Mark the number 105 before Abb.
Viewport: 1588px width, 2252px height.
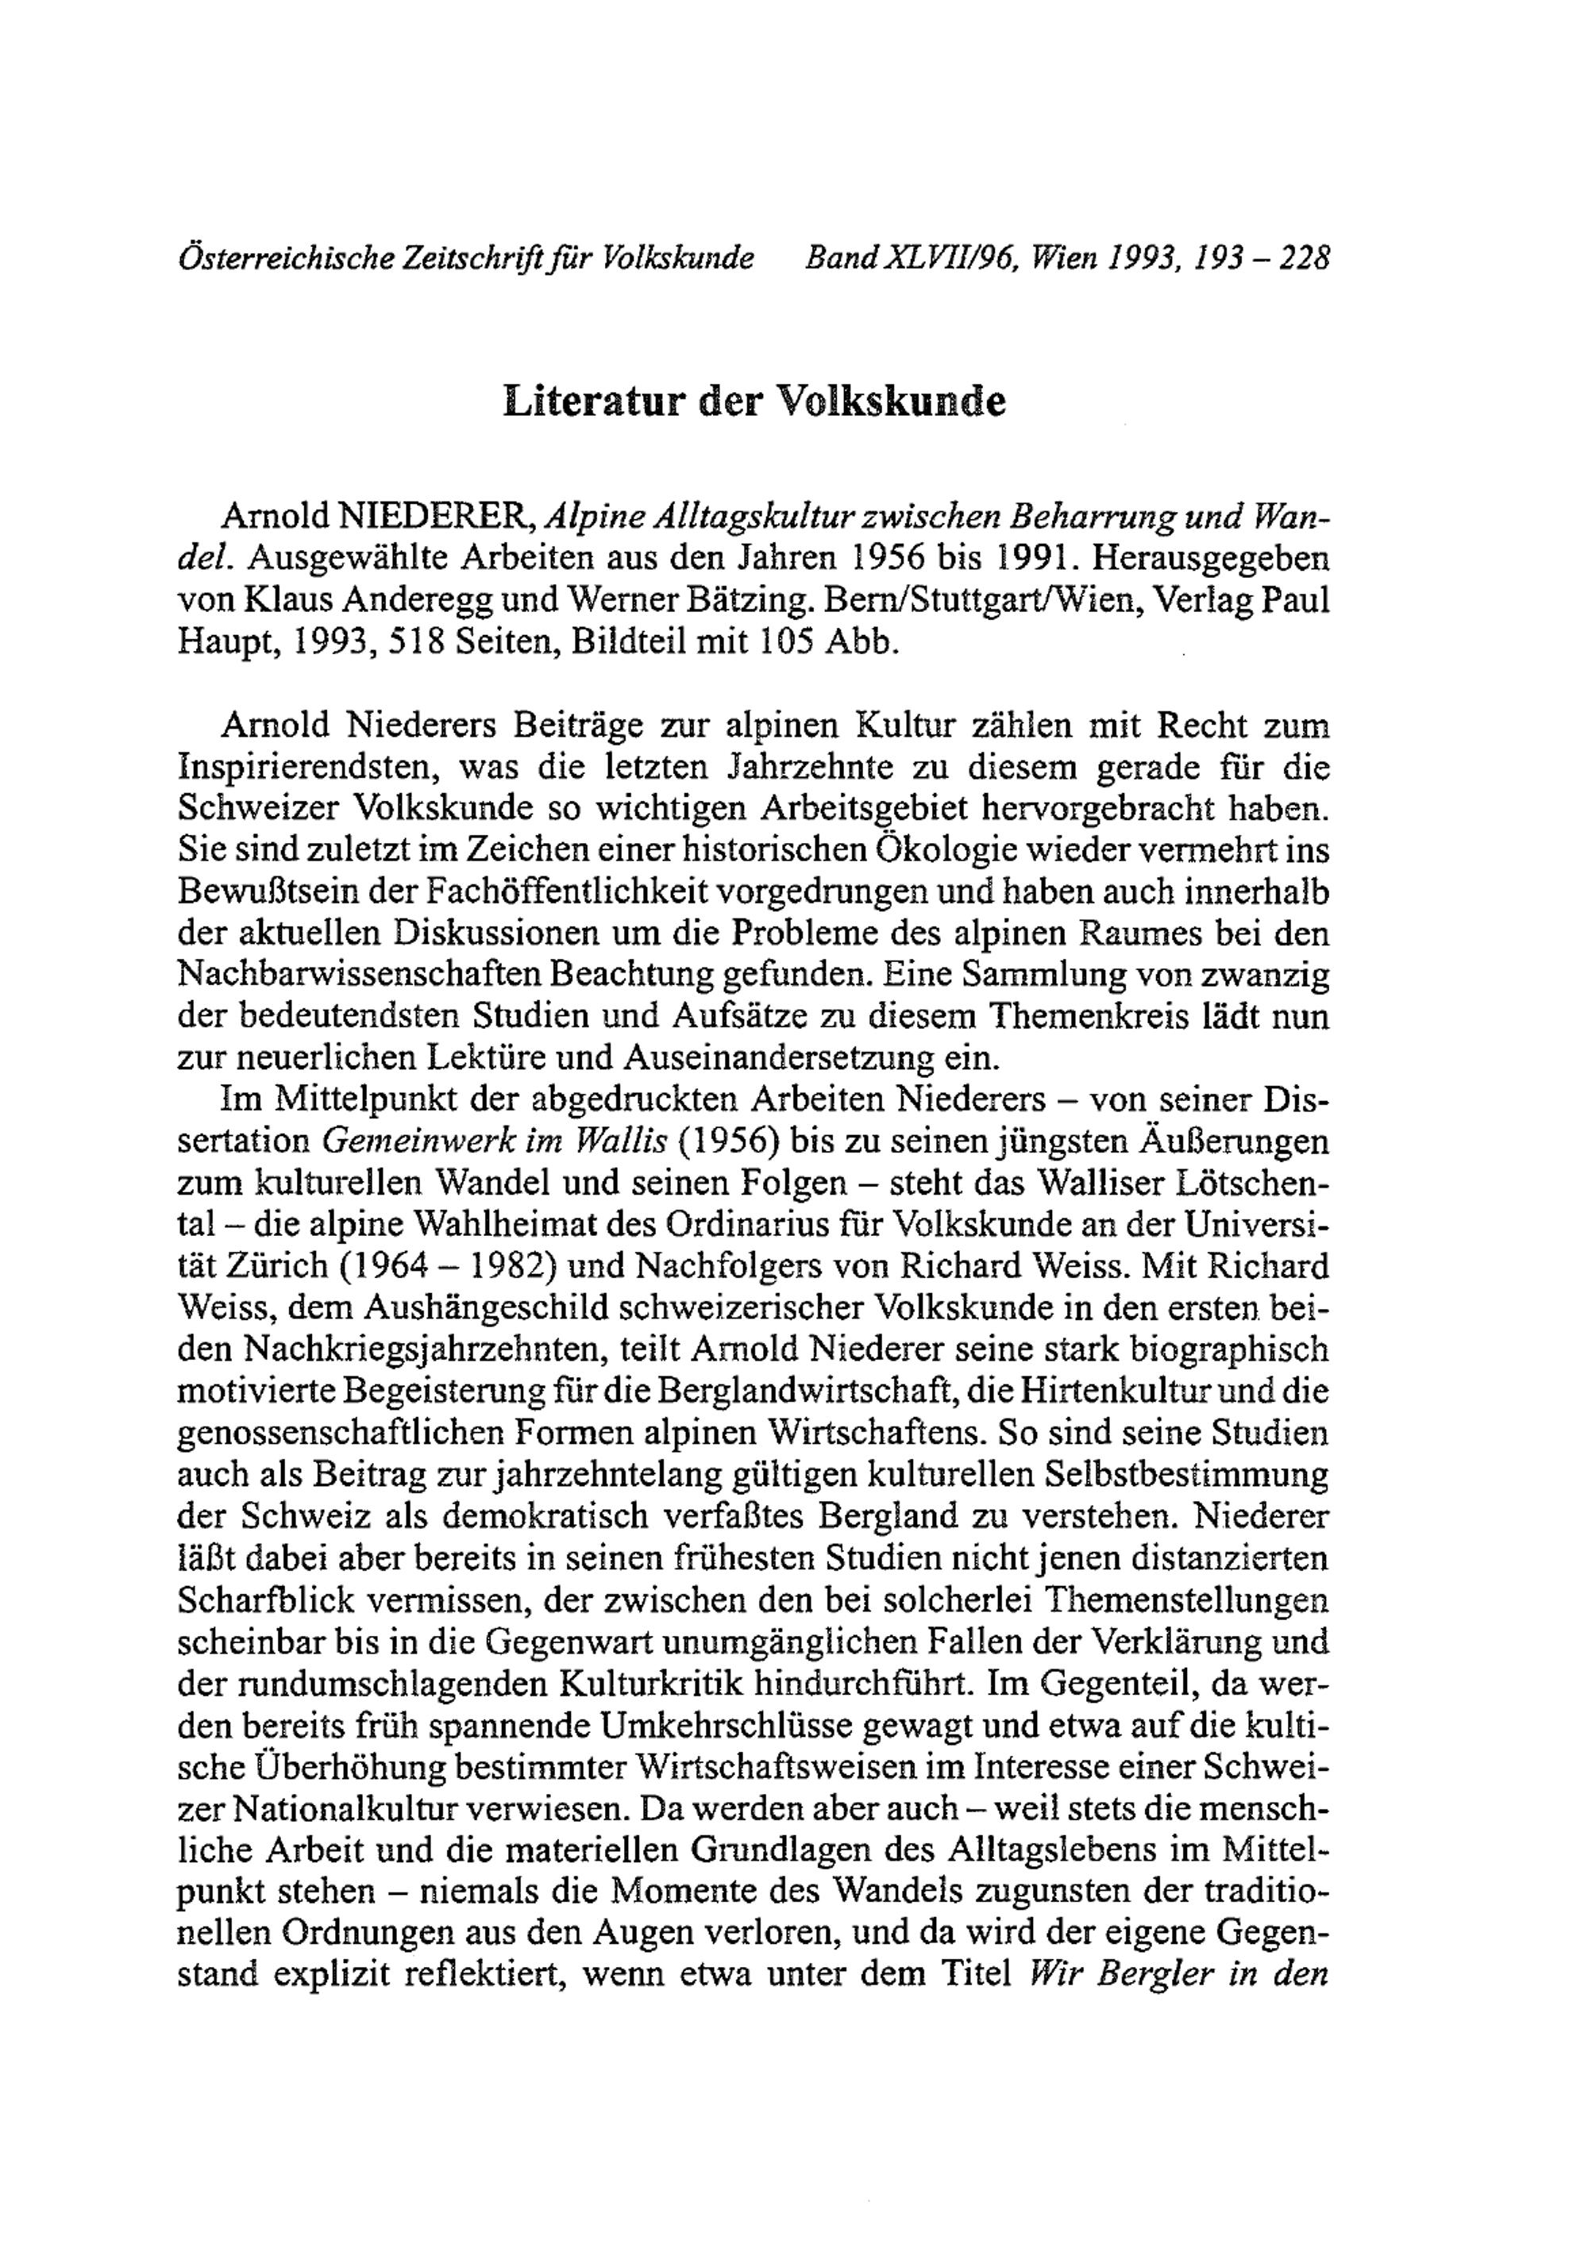pos(788,641)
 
